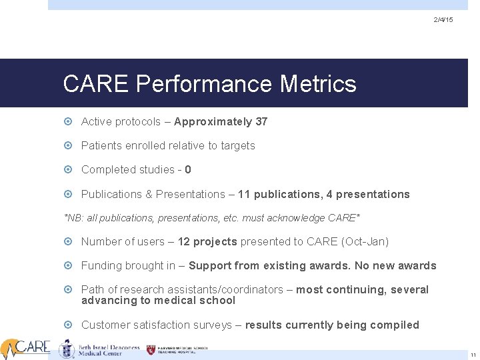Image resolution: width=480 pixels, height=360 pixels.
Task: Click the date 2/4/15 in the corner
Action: click(443, 20)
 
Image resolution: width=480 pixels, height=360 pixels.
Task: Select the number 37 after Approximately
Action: click(261, 121)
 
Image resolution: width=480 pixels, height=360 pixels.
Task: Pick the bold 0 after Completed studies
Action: click(188, 169)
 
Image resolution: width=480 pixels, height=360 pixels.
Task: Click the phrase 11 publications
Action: click(278, 194)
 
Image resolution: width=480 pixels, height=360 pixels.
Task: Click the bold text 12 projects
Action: click(207, 241)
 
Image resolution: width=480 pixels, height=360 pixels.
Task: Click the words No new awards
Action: click(395, 265)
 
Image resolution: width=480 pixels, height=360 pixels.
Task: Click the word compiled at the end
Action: click(397, 325)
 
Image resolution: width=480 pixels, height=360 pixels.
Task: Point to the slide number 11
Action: click(473, 355)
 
